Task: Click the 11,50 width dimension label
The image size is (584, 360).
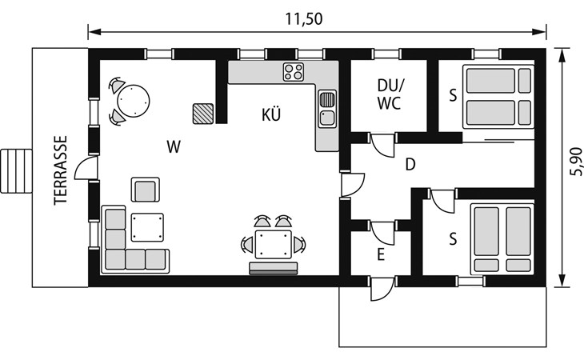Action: (303, 19)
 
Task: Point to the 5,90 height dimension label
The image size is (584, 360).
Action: (576, 162)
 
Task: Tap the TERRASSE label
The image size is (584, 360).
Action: (60, 170)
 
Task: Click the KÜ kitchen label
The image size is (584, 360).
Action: (271, 114)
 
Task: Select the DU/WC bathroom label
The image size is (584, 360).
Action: (390, 94)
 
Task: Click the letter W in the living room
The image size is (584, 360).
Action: (174, 146)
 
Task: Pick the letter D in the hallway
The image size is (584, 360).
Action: (410, 164)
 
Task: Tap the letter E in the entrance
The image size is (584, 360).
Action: (380, 255)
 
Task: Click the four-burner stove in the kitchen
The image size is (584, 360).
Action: (293, 72)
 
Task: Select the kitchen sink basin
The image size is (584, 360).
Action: (327, 118)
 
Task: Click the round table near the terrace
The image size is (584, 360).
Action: (134, 101)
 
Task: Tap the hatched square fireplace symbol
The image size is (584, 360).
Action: (203, 114)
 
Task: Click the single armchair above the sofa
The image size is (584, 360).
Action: (146, 190)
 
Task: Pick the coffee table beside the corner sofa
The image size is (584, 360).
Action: (147, 227)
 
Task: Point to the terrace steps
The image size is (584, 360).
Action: (16, 171)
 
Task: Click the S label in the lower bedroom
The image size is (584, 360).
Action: (453, 239)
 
